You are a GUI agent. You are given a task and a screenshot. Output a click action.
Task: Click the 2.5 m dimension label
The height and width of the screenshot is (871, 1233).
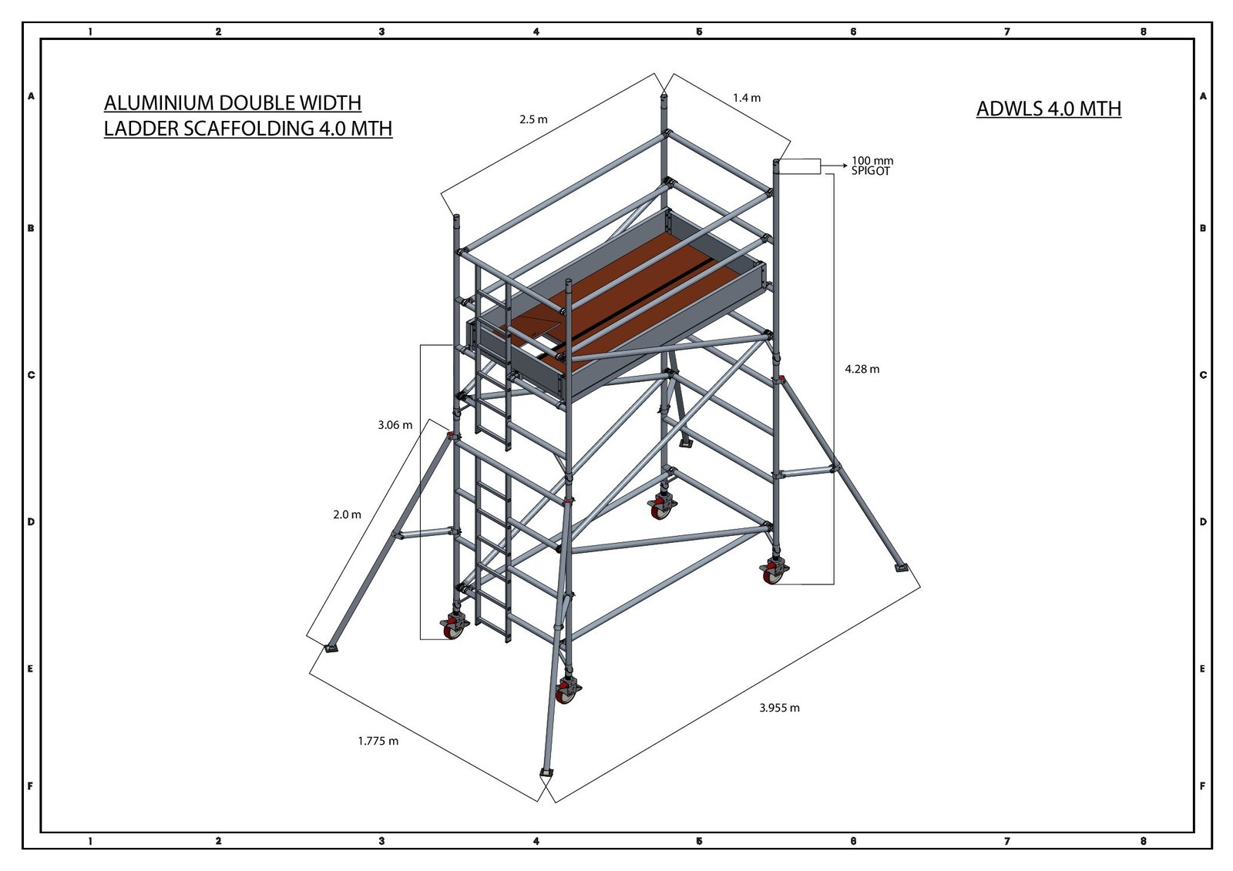(533, 119)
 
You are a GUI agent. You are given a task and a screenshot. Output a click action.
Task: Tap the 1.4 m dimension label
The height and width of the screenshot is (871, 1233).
(747, 98)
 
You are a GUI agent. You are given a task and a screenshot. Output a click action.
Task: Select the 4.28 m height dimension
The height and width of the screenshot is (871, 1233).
(862, 369)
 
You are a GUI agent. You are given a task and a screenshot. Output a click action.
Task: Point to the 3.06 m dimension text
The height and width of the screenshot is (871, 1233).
(395, 425)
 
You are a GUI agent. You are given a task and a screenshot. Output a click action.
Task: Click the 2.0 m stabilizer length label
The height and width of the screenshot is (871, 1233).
(347, 514)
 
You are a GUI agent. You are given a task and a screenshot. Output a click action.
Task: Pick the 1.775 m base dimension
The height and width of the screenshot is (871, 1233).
(378, 741)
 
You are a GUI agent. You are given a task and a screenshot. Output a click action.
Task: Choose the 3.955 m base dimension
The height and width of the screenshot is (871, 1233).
(779, 709)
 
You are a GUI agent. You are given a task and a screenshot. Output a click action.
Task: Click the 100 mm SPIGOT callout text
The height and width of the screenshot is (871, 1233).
(872, 166)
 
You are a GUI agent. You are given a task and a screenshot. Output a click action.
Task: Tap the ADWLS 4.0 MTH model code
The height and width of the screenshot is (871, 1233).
(1049, 109)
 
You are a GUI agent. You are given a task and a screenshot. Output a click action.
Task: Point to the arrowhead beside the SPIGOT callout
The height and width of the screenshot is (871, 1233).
(844, 165)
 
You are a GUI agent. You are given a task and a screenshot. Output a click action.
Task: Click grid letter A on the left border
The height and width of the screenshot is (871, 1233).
(32, 96)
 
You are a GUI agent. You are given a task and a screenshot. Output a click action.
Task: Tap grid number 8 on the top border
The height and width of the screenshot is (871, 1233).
(1144, 32)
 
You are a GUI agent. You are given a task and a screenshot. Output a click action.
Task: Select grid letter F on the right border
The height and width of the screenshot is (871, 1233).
(1203, 786)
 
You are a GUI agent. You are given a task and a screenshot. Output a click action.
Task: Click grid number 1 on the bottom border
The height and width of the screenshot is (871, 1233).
(90, 841)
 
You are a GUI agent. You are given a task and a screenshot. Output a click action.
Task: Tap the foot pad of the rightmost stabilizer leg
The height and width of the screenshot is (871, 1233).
(901, 568)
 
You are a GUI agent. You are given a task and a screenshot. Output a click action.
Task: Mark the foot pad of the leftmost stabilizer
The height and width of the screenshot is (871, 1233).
(331, 648)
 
